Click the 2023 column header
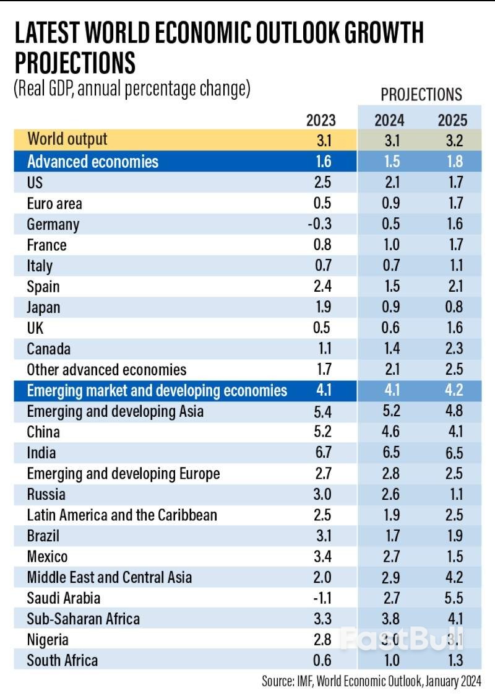(321, 120)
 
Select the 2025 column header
(451, 120)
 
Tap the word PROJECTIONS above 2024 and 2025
(421, 94)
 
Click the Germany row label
(53, 224)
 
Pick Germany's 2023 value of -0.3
(320, 224)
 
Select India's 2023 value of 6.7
(322, 453)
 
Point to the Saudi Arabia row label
(64, 598)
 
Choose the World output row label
(67, 139)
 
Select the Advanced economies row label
(93, 162)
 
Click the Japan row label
(44, 307)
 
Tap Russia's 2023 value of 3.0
(322, 494)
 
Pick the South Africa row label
(62, 660)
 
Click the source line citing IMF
(371, 682)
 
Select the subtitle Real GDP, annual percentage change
(132, 88)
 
